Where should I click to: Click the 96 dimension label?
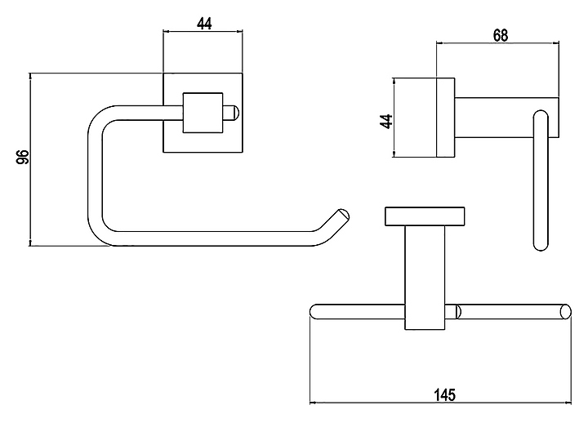pos(23,156)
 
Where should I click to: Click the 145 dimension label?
pos(445,395)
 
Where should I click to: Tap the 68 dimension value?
pos(501,35)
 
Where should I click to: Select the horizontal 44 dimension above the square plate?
pos(204,24)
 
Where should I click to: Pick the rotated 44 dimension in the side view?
pos(386,122)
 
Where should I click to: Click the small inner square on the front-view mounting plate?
pos(203,113)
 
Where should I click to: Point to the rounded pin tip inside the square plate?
pos(234,113)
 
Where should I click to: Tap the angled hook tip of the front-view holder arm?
pos(342,216)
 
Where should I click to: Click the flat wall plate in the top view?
pos(425,216)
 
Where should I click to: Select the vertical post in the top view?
pos(425,278)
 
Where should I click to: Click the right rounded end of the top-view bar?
pos(565,312)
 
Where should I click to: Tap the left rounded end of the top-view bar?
pos(314,312)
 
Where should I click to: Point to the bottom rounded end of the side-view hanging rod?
pos(541,245)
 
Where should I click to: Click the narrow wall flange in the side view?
pos(446,118)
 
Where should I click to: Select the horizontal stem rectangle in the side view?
pos(507,118)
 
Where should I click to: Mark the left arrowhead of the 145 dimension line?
pos(313,403)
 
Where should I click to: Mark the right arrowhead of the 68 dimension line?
pos(556,43)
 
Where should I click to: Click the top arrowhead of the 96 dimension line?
pos(30,77)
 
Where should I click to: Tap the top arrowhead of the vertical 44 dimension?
pos(394,82)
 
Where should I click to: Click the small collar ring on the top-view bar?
pos(457,312)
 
